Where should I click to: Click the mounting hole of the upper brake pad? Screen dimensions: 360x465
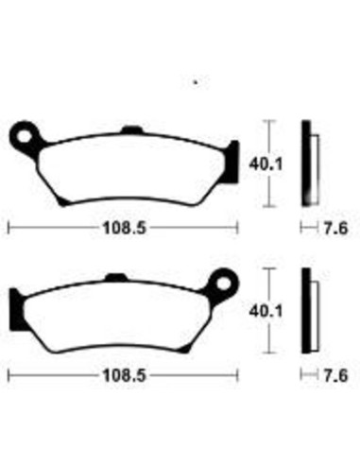pos(24,136)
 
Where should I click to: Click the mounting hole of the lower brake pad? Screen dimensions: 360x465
pos(224,284)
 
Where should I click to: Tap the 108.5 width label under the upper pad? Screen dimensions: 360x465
pos(125,228)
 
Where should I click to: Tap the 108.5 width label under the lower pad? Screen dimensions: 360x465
pos(125,375)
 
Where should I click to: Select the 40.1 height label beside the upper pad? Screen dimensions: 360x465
pos(266,164)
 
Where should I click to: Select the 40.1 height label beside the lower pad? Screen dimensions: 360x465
pos(266,312)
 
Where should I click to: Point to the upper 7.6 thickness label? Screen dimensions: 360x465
pos(335,228)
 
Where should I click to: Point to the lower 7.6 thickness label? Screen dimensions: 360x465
pos(335,376)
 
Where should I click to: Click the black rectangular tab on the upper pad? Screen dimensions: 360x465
pos(233,162)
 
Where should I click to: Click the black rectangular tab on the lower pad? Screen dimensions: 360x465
pos(16,309)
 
